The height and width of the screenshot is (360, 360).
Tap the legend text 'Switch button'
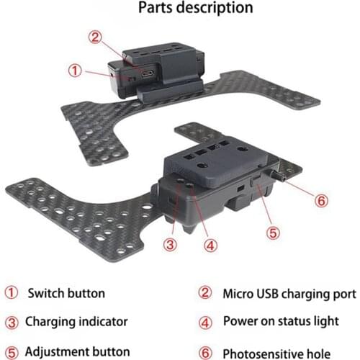coord(66,294)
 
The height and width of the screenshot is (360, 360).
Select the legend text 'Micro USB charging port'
coord(289,294)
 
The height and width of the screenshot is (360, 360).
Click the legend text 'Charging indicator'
coord(76,322)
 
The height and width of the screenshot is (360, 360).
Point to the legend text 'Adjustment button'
coord(77,352)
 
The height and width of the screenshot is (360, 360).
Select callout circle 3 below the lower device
coord(170,244)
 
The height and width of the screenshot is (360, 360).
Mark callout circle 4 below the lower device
coord(210,244)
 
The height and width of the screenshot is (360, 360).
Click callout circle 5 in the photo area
coord(273,232)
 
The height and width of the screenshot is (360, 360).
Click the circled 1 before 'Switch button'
coord(11,294)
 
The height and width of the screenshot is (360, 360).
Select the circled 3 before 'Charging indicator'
coord(11,322)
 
